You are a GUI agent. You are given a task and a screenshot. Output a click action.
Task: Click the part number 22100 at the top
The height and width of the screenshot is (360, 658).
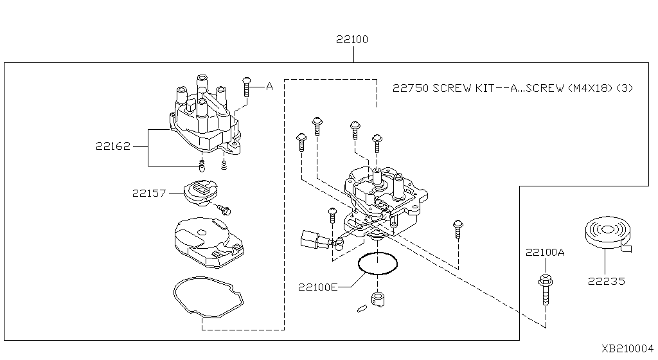coord(352,40)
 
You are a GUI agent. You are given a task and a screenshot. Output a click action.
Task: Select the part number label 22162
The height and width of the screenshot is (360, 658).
coord(114,147)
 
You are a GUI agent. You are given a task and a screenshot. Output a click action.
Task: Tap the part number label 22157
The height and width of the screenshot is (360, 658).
coord(149,192)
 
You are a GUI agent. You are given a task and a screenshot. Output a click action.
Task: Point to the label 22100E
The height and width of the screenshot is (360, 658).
coord(317,287)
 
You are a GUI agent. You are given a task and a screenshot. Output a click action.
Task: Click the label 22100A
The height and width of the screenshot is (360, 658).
coord(545,253)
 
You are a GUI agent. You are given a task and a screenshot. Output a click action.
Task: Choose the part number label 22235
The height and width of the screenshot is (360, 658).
coord(606,281)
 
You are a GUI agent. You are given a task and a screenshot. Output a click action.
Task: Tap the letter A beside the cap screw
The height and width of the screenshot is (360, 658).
coord(269,85)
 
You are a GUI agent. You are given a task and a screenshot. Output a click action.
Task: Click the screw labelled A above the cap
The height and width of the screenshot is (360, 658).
coord(246,87)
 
